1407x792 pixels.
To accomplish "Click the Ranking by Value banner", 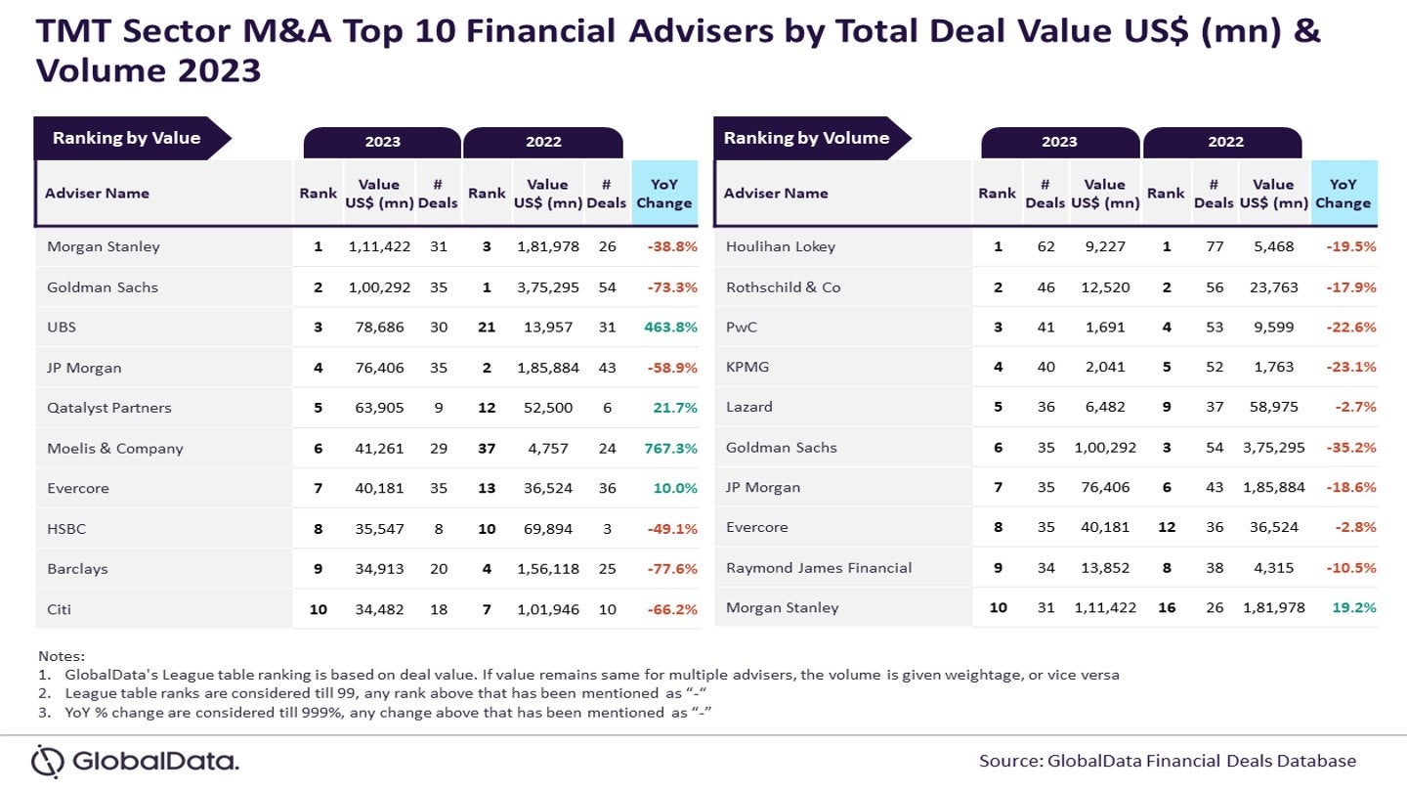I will [x=127, y=138].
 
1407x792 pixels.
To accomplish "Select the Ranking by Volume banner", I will [x=807, y=138].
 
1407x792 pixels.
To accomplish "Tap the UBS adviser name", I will [x=62, y=328].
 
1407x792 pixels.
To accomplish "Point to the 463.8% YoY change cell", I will [x=671, y=328].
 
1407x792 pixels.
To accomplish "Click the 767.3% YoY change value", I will [x=671, y=449].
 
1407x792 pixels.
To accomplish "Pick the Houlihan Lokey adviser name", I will [x=781, y=246].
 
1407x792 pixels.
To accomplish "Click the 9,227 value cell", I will [x=1105, y=246].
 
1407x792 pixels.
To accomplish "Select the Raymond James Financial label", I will [x=819, y=567].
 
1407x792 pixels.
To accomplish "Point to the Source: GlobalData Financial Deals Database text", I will [x=1168, y=761].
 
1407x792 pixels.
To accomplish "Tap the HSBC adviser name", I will [x=66, y=529].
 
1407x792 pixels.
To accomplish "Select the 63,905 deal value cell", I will [x=380, y=408].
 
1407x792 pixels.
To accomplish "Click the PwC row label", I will [x=743, y=328].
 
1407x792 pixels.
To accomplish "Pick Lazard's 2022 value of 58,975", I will [x=1274, y=408].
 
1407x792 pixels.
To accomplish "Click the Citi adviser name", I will [x=60, y=609].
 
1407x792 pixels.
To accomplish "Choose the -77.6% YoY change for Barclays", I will [x=671, y=569].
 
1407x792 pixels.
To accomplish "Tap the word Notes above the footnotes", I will [x=62, y=655].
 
